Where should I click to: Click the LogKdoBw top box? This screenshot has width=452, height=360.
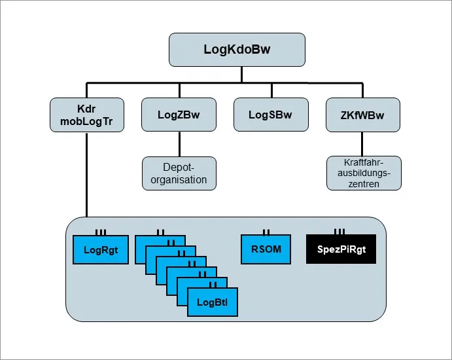pos(237,50)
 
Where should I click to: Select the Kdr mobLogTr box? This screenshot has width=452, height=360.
pos(87,115)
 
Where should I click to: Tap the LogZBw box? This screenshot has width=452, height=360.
pos(179,115)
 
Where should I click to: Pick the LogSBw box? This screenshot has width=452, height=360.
pos(269,115)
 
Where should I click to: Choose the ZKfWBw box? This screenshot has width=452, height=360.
pos(363,115)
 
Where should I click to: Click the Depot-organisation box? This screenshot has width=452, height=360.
pos(179,173)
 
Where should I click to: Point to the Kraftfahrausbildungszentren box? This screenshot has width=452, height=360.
pos(363,173)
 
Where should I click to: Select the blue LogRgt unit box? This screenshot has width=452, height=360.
pos(100,249)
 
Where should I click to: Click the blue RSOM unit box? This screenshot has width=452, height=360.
pos(266,249)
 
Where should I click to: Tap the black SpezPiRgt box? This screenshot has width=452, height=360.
pos(341,249)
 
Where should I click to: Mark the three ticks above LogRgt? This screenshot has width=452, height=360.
pos(100,231)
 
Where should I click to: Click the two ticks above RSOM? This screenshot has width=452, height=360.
pos(266,231)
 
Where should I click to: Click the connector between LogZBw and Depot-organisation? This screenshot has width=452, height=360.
pos(179,144)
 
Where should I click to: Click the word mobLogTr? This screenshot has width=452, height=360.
pos(87,121)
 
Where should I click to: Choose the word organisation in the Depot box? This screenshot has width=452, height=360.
pos(179,179)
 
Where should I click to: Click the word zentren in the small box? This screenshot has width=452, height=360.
pos(363,184)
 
